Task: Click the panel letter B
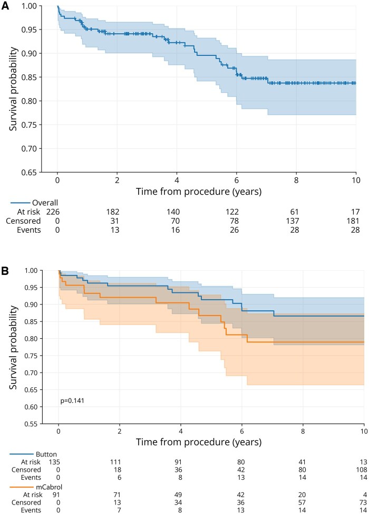5,272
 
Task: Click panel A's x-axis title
206,192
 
